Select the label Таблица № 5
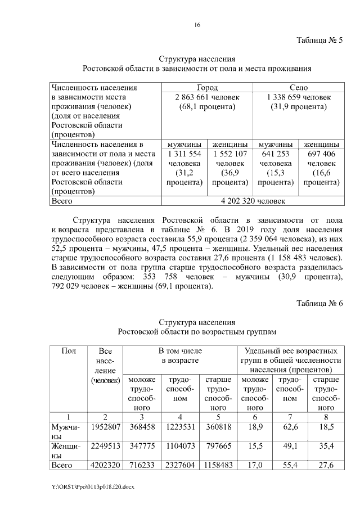[319, 40]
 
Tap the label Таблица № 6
[319, 304]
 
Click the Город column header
[207, 88]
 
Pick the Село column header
[298, 88]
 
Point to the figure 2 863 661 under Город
[192, 97]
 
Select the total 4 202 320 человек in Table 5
[252, 200]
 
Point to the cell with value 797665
[218, 447]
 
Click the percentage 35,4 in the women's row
[326, 447]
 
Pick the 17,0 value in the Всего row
[255, 466]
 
